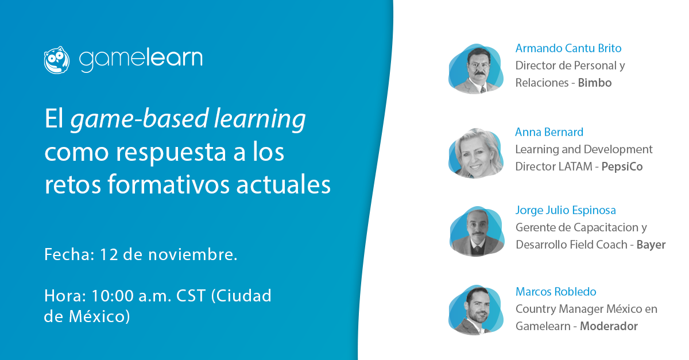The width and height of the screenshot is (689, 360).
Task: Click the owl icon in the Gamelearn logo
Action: tap(57, 60)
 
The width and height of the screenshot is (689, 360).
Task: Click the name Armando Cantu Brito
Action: tap(568, 48)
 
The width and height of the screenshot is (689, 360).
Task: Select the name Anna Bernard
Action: tap(549, 132)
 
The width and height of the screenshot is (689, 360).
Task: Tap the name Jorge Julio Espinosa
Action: tap(566, 211)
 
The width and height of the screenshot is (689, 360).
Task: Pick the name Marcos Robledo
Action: tap(556, 292)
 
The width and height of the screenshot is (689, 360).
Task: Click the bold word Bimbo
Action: tap(595, 83)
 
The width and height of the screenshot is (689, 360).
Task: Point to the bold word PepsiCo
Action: tap(622, 167)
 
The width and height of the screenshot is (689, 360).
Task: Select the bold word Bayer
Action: tap(651, 245)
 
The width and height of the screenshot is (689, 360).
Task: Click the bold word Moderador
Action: tap(609, 326)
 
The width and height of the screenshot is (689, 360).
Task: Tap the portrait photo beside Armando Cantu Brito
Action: tap(476, 69)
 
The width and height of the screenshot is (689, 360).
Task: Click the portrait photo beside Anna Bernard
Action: tap(476, 153)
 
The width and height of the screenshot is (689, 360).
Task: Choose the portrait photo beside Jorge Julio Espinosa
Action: tap(477, 231)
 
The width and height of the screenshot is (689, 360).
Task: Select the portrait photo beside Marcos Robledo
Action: tap(476, 310)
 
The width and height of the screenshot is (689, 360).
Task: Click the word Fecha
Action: tap(69, 254)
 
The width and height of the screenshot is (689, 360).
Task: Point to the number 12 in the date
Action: tap(109, 254)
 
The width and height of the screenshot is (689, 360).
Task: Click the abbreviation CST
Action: tap(191, 296)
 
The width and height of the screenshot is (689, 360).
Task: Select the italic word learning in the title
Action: tap(260, 119)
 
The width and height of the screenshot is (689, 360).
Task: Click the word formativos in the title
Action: tap(169, 185)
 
